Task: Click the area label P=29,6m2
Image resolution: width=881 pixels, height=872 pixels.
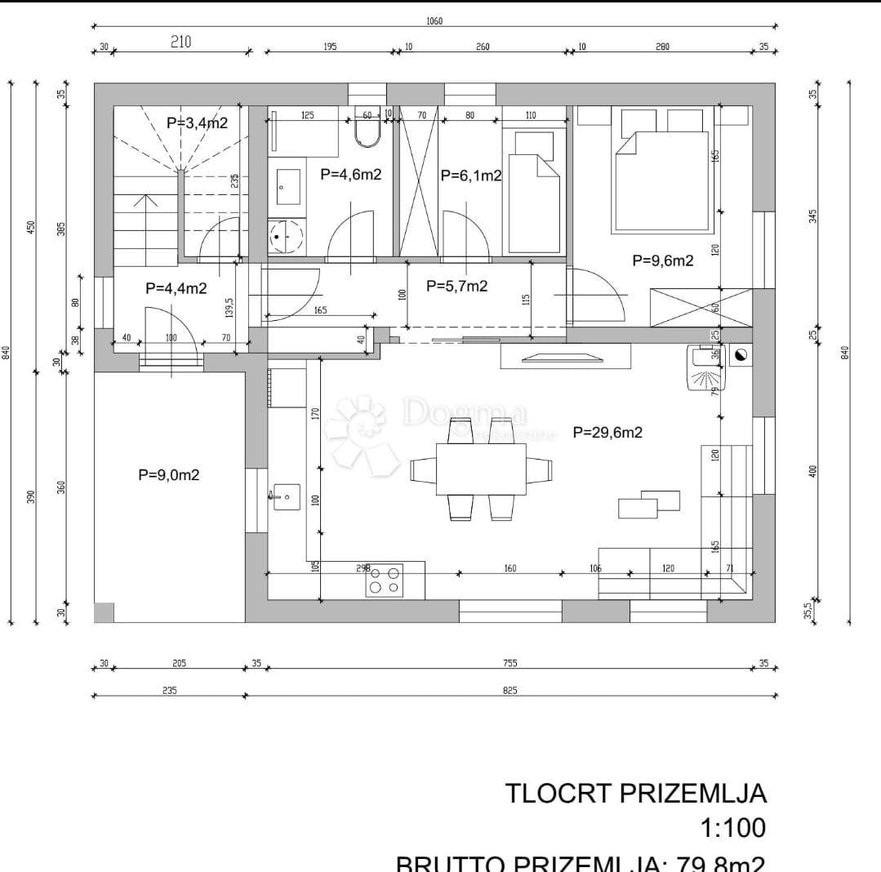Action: click(607, 433)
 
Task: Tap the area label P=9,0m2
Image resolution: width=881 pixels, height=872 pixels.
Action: click(168, 475)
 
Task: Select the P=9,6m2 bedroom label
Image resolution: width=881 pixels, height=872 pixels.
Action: click(663, 261)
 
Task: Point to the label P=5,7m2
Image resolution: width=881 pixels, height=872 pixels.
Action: click(457, 286)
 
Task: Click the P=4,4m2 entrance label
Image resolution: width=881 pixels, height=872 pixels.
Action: click(176, 288)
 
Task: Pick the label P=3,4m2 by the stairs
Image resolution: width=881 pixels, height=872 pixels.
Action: click(197, 123)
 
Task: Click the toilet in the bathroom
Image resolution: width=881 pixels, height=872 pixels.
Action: click(367, 133)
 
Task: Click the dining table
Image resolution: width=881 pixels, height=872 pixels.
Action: click(481, 469)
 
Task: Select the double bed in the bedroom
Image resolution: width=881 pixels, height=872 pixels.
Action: click(661, 180)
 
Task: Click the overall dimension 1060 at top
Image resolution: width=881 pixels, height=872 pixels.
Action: click(434, 21)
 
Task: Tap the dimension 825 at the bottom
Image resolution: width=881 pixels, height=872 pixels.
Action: click(509, 691)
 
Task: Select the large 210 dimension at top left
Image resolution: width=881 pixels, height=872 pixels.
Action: click(180, 42)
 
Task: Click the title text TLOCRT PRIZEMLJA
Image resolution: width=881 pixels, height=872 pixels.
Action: click(636, 793)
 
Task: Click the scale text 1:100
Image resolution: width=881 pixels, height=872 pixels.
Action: click(733, 828)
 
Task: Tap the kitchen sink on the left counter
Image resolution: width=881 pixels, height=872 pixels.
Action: click(286, 496)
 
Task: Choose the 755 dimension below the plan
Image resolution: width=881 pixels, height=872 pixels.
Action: click(509, 663)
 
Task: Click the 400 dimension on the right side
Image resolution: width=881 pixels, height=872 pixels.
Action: click(813, 471)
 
